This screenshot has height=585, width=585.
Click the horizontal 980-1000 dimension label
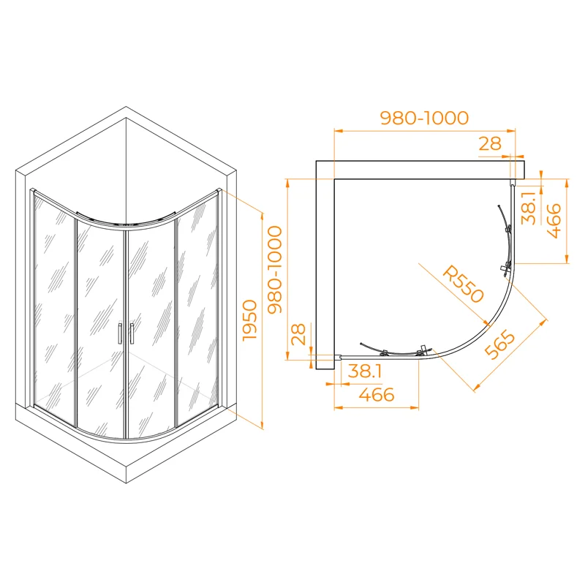423,118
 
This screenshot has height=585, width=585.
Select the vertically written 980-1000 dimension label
275,270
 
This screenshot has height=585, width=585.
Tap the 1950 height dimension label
250,320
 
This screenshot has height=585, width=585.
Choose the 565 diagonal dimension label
500,346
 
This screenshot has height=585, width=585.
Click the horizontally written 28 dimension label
490,144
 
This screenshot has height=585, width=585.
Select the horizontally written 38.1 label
365,371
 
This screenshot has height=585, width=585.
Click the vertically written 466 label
554,221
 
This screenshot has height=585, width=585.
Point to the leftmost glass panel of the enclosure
53,307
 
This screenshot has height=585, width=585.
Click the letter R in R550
451,273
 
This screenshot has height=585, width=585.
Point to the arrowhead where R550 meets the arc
487,322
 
